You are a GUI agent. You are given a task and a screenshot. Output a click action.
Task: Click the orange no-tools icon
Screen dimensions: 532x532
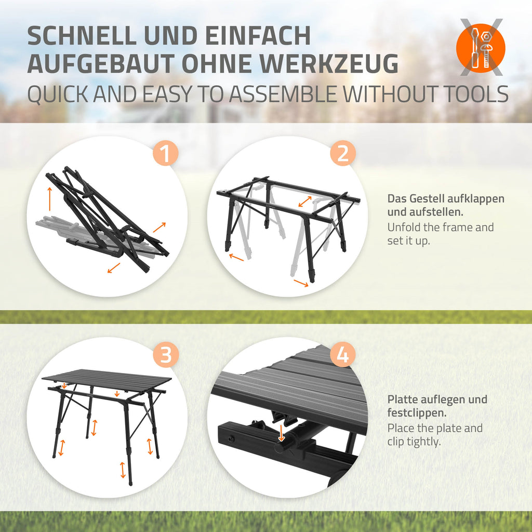click(x=481, y=47)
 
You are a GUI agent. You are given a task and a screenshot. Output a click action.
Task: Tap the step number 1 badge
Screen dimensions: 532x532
click(x=165, y=153)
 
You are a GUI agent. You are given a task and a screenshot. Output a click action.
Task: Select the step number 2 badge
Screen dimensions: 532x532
click(x=343, y=153)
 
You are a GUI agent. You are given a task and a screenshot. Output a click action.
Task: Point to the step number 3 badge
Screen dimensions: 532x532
click(x=165, y=355)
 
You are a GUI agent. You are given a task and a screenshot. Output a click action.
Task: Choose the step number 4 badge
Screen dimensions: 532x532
click(x=343, y=355)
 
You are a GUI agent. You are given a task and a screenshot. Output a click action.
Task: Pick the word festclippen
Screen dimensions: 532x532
click(x=417, y=413)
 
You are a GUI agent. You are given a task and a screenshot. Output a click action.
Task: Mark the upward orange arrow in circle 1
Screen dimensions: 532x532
click(x=49, y=198)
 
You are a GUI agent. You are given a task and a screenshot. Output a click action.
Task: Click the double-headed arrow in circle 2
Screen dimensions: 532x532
click(x=304, y=201)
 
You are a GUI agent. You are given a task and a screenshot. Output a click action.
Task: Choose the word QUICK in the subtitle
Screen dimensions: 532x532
click(x=58, y=95)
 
